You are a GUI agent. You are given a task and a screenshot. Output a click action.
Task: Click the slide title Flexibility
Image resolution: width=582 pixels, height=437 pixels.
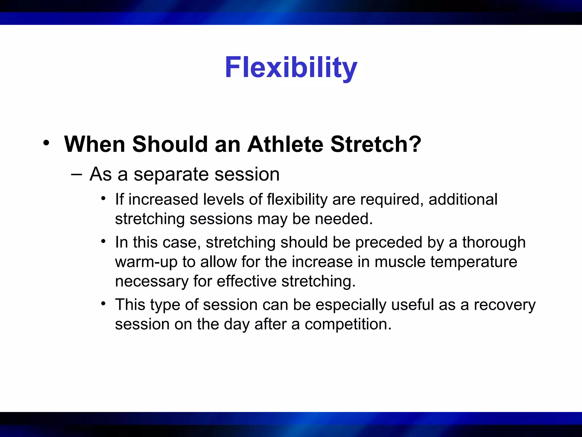[x=291, y=68]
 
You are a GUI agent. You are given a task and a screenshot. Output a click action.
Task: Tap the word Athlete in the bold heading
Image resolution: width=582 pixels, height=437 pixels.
[x=285, y=144]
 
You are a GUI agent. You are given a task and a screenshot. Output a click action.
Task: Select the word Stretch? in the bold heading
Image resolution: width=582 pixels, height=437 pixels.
[x=376, y=144]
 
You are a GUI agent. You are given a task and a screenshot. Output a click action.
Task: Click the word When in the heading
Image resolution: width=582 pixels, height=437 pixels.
[x=95, y=144]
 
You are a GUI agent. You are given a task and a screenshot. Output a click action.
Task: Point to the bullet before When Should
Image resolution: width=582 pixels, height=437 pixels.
[x=46, y=143]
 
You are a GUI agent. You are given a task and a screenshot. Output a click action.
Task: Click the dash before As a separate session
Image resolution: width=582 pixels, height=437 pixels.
[x=76, y=174]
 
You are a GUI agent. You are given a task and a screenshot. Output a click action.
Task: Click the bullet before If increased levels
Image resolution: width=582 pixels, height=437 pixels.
[x=103, y=198]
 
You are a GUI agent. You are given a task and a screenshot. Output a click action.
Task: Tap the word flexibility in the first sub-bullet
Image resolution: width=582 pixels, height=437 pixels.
[x=297, y=200]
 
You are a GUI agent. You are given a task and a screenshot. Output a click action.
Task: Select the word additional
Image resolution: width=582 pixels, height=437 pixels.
[x=463, y=199]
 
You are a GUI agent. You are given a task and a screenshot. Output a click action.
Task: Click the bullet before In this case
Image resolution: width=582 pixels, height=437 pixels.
[x=103, y=242]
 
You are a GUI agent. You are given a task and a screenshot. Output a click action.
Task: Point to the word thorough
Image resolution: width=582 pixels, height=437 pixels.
[x=494, y=243]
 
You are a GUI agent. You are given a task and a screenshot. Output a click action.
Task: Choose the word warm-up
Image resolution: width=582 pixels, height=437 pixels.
[x=146, y=262]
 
